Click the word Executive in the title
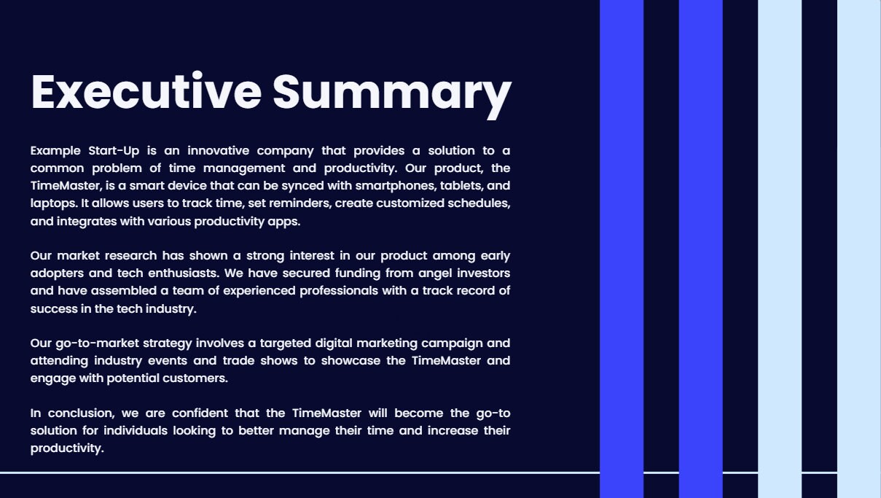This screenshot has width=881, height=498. (x=146, y=92)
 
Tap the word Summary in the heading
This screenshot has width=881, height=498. (x=392, y=93)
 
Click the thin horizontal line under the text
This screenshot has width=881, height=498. (x=291, y=472)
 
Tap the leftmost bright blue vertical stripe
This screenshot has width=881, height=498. (x=621, y=248)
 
